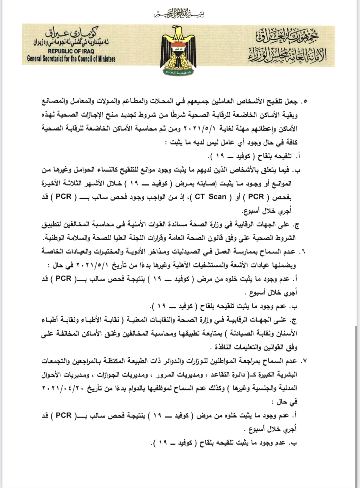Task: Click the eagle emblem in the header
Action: pos(178,49)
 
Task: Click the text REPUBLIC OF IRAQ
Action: pos(71,51)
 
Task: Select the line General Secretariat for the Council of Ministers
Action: pos(71,59)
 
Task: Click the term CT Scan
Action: pos(210,197)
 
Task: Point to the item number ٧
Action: pos(303,361)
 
